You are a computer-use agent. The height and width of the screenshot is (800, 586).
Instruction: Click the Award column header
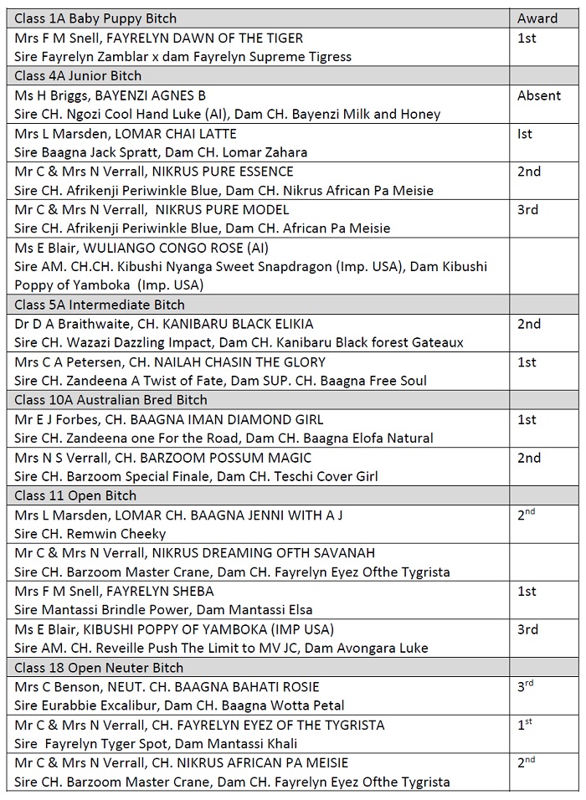pyautogui.click(x=537, y=18)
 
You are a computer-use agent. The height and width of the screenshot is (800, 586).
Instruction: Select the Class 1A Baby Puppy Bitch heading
pyautogui.click(x=95, y=18)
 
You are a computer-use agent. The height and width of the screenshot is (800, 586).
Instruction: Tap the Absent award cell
pyautogui.click(x=539, y=95)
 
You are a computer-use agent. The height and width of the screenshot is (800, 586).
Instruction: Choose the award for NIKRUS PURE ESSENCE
pyautogui.click(x=529, y=172)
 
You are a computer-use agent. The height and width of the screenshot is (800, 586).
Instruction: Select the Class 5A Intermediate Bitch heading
pyautogui.click(x=100, y=305)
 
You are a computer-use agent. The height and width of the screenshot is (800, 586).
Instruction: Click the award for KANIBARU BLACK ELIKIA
pyautogui.click(x=529, y=324)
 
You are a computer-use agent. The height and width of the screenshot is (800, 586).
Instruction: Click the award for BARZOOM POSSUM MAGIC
pyautogui.click(x=529, y=458)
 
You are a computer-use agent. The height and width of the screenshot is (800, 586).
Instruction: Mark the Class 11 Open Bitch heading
pyautogui.click(x=76, y=495)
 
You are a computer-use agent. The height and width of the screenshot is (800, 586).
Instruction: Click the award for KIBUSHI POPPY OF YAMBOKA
pyautogui.click(x=528, y=629)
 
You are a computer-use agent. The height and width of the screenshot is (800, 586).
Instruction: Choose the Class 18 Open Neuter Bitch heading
pyautogui.click(x=99, y=668)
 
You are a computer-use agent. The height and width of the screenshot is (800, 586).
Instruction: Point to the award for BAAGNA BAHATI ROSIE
pyautogui.click(x=525, y=686)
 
